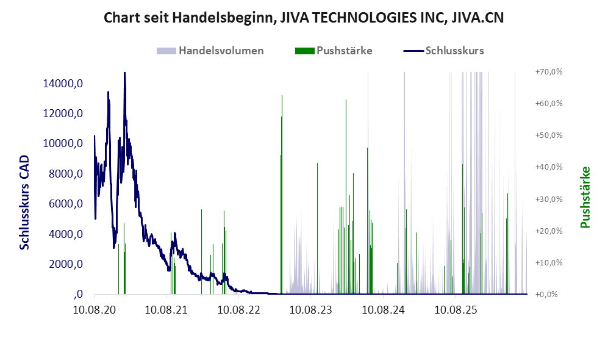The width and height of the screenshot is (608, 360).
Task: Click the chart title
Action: coord(304,18)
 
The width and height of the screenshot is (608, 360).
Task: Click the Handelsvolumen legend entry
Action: coord(210,51)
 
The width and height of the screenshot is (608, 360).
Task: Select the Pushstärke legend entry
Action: coord(334,51)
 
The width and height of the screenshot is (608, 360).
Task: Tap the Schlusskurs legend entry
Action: coord(443,51)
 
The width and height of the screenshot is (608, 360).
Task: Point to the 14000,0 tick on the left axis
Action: coord(63,84)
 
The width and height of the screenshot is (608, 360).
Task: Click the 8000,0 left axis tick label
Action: coord(65,174)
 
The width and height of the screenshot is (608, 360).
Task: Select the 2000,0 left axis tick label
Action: coord(65,264)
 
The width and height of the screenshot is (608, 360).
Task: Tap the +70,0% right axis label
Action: coord(549,72)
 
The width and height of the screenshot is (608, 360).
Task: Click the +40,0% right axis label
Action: coord(549,167)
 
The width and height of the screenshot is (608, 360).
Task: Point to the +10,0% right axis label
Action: coord(549,262)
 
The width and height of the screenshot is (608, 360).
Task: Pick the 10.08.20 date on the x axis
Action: coord(95,310)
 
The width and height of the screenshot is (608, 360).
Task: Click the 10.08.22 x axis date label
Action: coord(238,310)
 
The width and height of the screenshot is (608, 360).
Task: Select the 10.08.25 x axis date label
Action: coord(455,310)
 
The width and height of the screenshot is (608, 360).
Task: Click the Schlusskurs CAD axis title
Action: coord(24,203)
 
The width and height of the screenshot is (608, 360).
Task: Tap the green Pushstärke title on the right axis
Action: coord(585,198)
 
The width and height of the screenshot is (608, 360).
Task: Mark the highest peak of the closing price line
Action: coord(124,73)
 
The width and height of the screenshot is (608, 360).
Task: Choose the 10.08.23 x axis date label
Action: coord(310,310)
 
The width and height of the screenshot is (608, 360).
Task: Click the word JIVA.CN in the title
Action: coord(477,18)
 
